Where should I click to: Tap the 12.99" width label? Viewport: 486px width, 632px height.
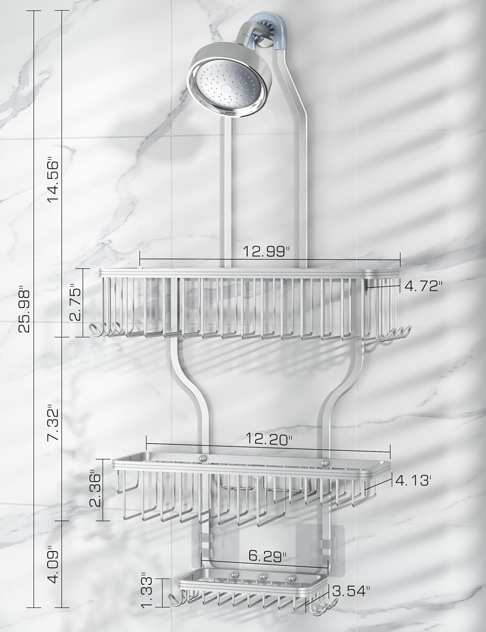(267, 252)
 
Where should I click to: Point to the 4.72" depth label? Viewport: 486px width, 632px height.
(424, 287)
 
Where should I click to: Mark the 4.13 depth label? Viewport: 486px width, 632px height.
(412, 479)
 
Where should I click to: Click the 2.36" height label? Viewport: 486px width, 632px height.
(96, 490)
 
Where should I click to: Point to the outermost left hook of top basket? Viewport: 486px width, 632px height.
(93, 329)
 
